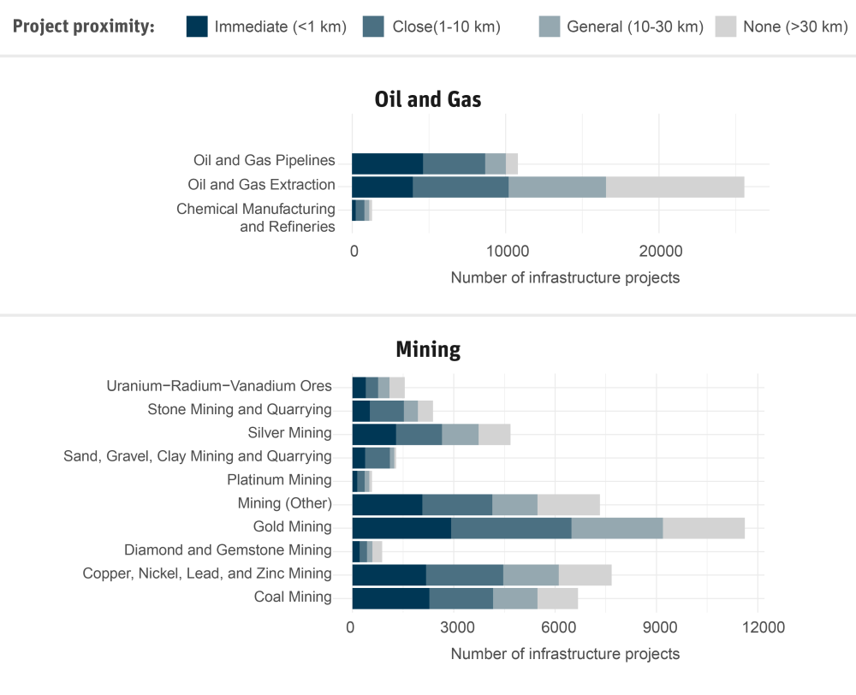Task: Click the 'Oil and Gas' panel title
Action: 428,99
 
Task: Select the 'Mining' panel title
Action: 428,349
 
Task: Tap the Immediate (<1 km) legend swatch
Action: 197,27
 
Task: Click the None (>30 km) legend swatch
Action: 726,27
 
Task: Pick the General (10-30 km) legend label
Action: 634,27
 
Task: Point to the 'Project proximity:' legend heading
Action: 84,27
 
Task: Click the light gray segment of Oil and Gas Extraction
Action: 675,187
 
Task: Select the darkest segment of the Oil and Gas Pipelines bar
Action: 387,163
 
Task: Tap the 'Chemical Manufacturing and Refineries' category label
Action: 256,217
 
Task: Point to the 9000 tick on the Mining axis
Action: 657,627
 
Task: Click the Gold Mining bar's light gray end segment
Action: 704,528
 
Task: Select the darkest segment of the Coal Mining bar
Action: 390,598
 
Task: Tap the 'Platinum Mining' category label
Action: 279,480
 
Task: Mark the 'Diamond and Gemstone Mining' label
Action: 228,550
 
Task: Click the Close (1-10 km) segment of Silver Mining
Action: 419,434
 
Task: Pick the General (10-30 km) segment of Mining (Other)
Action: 514,504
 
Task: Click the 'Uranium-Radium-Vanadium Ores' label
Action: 218,386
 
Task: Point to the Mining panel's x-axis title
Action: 565,654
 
